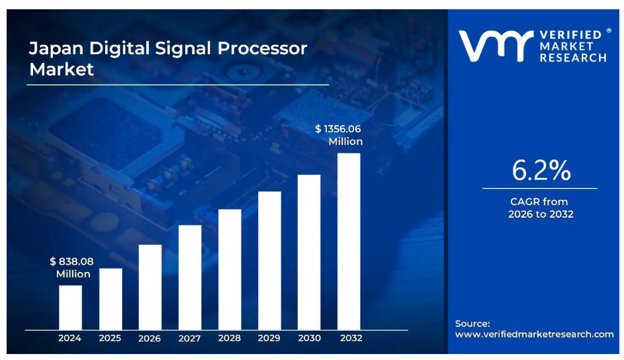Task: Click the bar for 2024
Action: tap(70, 307)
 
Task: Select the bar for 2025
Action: tap(111, 298)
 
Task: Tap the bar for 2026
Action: tap(150, 287)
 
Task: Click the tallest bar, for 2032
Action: tap(349, 241)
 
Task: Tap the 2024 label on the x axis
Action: tap(69, 338)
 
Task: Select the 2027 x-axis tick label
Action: tap(190, 338)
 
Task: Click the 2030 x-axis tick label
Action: tap(309, 338)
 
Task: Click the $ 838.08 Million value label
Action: tap(72, 267)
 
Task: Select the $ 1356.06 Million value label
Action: tap(339, 135)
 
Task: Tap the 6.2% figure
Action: tap(541, 171)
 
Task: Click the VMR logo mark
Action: tap(495, 46)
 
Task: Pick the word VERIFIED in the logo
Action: tap(570, 34)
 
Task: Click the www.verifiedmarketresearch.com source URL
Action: tap(535, 334)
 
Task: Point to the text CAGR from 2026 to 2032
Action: tap(540, 208)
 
